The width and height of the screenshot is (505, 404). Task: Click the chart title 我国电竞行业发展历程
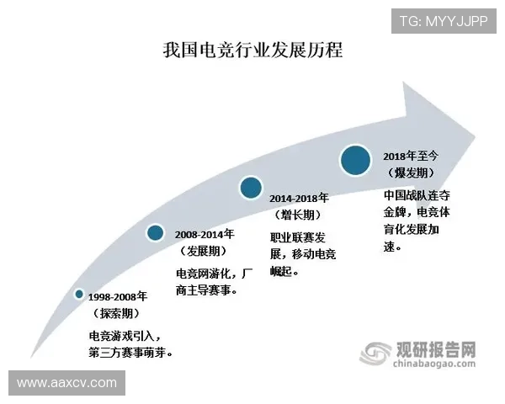pyautogui.click(x=252, y=50)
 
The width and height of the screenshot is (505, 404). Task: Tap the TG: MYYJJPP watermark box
pyautogui.click(x=443, y=20)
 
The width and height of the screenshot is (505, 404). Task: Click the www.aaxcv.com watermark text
pyautogui.click(x=66, y=383)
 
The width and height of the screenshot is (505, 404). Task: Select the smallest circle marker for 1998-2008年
pyautogui.click(x=79, y=294)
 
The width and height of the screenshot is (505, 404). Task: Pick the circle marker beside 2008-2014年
pyautogui.click(x=155, y=232)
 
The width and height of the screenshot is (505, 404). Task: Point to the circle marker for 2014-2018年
pyautogui.click(x=250, y=188)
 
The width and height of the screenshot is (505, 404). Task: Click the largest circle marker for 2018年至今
pyautogui.click(x=356, y=160)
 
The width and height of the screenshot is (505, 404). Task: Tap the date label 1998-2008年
pyautogui.click(x=117, y=296)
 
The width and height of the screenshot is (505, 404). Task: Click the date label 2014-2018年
pyautogui.click(x=299, y=198)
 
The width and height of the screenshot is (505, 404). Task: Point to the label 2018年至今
pyautogui.click(x=412, y=156)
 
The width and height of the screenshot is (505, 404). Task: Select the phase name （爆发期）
pyautogui.click(x=411, y=173)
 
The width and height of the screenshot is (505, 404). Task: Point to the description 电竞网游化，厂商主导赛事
pyautogui.click(x=212, y=282)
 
